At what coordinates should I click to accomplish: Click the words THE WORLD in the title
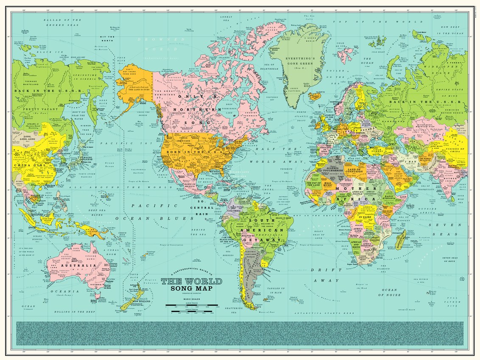tap(191, 282)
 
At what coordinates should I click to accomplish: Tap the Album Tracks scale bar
tap(191, 305)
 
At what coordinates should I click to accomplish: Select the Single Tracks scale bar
tap(191, 312)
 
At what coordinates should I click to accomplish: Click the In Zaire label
tap(366, 217)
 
